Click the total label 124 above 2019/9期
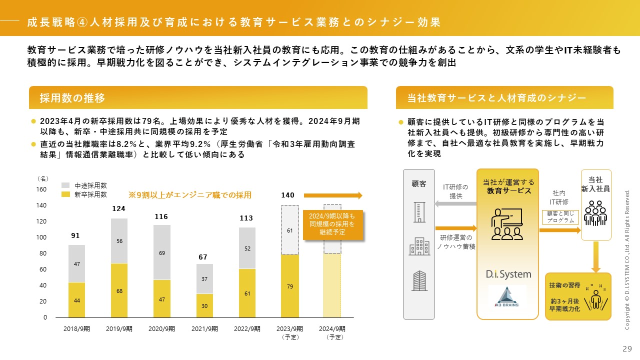coord(118,208)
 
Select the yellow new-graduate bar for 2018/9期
coord(76,299)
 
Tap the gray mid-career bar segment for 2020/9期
coord(161,252)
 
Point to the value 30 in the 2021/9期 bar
coord(204,305)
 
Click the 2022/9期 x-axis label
coord(246,329)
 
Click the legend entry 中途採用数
coord(90,185)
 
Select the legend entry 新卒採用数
coord(90,194)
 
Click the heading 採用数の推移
coord(73,98)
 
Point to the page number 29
coord(627,349)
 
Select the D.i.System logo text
coord(508,274)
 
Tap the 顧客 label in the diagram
coord(419,183)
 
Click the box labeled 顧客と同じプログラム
coord(560,217)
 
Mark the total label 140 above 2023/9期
coord(287,195)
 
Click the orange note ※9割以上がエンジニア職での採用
coord(190,195)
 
